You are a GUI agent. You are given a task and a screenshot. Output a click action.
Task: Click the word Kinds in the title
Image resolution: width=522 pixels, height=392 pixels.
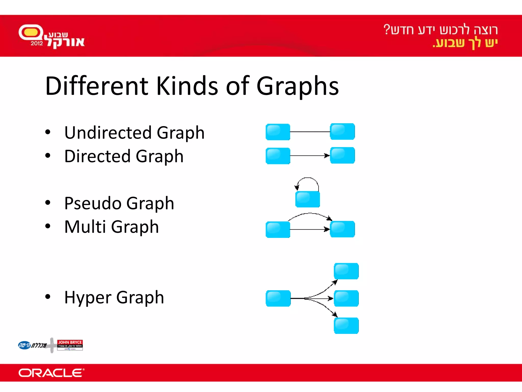tap(187, 86)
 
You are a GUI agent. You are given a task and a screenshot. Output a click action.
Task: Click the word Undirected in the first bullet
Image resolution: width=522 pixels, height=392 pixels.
tap(108, 133)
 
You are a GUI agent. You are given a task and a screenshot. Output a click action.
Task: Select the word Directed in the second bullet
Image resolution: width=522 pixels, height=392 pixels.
tap(97, 156)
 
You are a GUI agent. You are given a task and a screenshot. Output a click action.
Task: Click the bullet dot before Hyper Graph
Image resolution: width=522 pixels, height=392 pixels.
tap(48, 297)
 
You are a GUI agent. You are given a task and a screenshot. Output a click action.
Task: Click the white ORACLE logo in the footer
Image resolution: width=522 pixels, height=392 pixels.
tap(51, 373)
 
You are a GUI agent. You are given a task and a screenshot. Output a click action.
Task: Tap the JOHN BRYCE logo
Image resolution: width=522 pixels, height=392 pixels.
tap(70, 345)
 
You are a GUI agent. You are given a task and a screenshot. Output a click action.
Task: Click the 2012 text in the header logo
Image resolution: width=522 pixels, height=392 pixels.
tap(37, 43)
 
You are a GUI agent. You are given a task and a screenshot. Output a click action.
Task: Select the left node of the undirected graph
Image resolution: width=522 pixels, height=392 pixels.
tap(278, 132)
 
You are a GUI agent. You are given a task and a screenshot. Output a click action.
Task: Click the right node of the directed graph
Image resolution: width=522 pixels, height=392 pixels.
tap(342, 155)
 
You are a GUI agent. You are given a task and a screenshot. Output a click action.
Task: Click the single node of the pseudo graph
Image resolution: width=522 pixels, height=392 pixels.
tap(307, 199)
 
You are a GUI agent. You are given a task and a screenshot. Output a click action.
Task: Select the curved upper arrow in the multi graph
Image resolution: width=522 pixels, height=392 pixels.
tap(310, 214)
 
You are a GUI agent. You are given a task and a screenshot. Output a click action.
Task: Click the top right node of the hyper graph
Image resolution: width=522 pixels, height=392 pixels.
tap(346, 271)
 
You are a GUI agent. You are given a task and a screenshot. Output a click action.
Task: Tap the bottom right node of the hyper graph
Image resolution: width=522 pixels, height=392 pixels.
tap(346, 326)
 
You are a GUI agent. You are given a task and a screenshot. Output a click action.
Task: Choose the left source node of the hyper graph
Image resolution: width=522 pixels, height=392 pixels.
tap(278, 298)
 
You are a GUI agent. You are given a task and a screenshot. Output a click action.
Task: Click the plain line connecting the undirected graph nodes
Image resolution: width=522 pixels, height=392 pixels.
tap(310, 132)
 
